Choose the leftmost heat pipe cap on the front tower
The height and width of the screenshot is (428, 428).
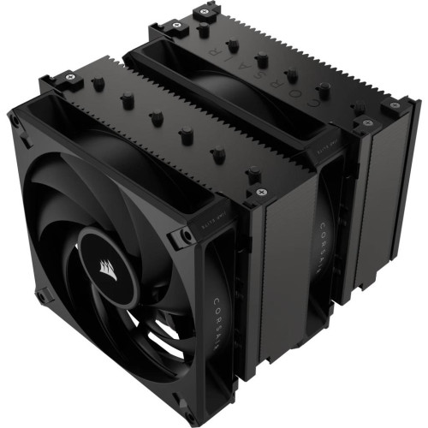[97, 86]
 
